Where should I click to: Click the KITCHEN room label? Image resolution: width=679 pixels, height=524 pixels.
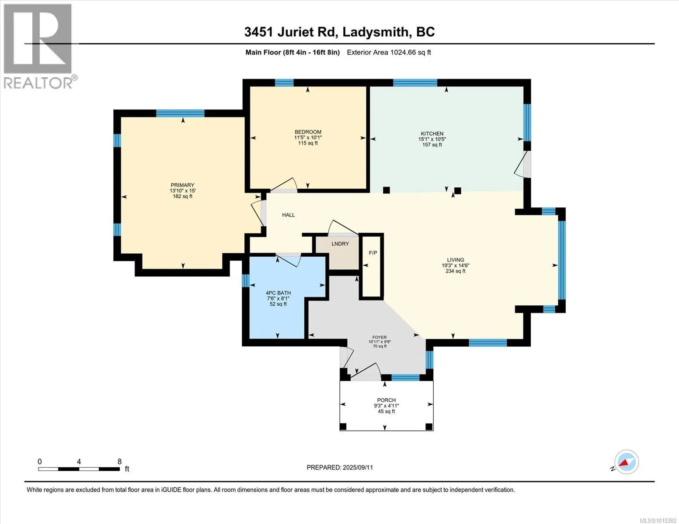click(x=432, y=134)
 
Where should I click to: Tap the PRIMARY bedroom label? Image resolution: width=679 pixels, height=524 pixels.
click(x=182, y=185)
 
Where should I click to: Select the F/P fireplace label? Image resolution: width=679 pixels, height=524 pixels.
click(x=373, y=253)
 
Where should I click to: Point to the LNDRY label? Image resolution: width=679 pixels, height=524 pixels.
click(x=340, y=244)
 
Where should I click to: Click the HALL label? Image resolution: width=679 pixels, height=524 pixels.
click(x=289, y=215)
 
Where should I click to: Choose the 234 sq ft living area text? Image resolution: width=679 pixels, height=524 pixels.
click(x=455, y=271)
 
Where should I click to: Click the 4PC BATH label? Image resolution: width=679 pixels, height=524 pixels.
click(x=278, y=293)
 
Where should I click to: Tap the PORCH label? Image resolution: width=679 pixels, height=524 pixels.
click(x=386, y=400)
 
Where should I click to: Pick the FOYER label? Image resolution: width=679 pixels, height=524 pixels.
click(x=380, y=338)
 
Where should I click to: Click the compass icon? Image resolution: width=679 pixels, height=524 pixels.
click(x=626, y=462)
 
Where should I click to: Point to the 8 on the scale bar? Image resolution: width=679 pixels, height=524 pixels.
click(x=119, y=462)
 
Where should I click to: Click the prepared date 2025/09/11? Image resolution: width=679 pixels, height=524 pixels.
click(x=358, y=468)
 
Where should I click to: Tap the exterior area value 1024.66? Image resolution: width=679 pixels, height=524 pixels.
click(x=403, y=52)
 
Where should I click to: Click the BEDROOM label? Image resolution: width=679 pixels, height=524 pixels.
click(x=308, y=132)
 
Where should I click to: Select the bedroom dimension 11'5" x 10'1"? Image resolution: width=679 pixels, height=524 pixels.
click(x=308, y=138)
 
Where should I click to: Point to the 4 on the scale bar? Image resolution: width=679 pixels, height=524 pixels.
click(x=79, y=462)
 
